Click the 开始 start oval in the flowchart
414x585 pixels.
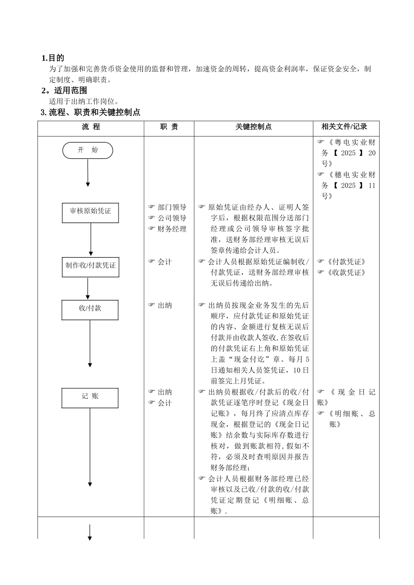(x=88, y=151)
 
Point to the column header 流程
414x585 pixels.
(x=91, y=127)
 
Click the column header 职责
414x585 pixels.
(x=169, y=127)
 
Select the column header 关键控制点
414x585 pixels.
(x=253, y=127)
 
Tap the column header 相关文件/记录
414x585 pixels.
(x=344, y=127)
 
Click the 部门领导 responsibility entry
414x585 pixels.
(x=172, y=208)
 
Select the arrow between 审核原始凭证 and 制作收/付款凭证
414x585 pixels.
(x=91, y=239)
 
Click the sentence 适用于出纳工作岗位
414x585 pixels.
(x=84, y=101)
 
